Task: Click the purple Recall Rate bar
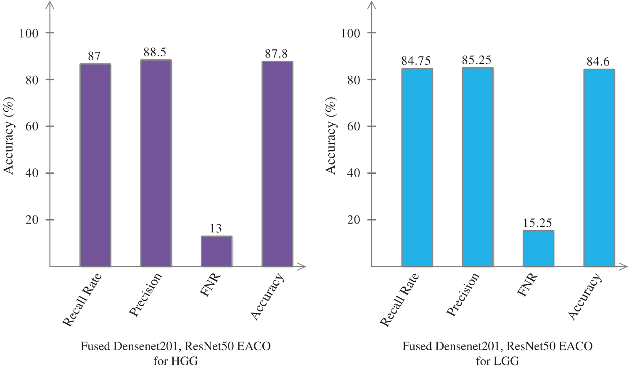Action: (95, 165)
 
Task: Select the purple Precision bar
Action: (156, 163)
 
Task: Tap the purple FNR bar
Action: (217, 251)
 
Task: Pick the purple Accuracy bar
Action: (277, 164)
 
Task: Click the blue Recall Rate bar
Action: (417, 167)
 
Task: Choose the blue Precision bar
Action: (478, 167)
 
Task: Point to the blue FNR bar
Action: (538, 248)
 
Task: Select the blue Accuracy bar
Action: (599, 168)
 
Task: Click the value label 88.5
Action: (155, 52)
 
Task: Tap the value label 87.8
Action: (276, 54)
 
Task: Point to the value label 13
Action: (216, 228)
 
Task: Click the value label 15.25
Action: (537, 223)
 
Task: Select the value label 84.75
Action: (416, 61)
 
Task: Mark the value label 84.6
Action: (598, 62)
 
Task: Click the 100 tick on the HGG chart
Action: (29, 33)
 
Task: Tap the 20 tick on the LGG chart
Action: (354, 220)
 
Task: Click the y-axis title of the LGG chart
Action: (331, 135)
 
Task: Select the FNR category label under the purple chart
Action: (210, 285)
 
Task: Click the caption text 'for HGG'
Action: (175, 361)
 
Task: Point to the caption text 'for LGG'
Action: (497, 361)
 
